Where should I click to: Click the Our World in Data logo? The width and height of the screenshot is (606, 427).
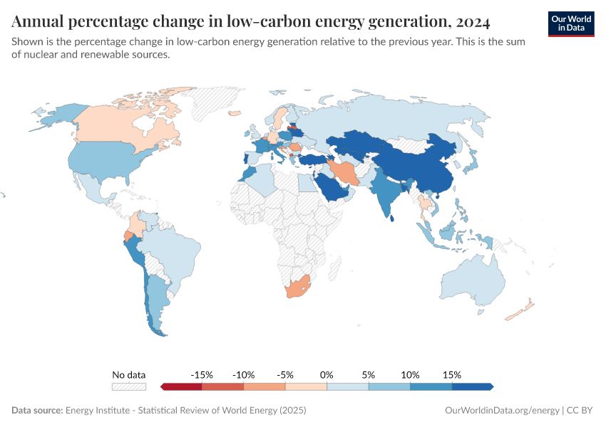tap(570, 23)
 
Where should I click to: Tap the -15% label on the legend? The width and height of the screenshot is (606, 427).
tap(202, 374)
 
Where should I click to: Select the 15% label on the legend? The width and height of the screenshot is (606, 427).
tap(451, 374)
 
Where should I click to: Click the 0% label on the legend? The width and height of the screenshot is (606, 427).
tap(327, 374)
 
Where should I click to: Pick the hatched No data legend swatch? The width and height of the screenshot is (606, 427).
tap(129, 386)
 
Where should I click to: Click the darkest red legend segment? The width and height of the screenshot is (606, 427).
tap(182, 386)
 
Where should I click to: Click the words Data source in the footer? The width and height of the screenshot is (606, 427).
tap(37, 411)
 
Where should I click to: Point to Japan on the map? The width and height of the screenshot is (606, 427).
tap(470, 163)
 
